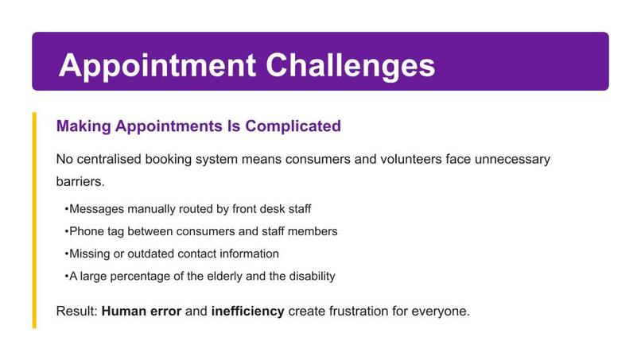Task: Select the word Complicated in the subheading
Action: (293, 127)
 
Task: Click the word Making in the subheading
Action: (84, 127)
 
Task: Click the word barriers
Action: (80, 181)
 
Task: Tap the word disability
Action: (306, 276)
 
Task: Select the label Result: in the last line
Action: (77, 311)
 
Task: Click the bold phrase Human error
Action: (142, 311)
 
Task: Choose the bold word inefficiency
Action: (247, 311)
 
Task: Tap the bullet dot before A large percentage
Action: (66, 276)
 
